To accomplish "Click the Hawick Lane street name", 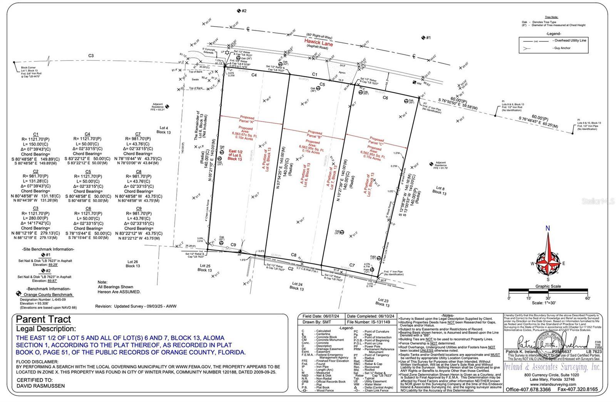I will [318, 41].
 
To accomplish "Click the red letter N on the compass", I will [547, 228].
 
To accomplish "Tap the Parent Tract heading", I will [44, 319].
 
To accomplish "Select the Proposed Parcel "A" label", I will [247, 120].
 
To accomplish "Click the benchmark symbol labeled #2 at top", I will [239, 11].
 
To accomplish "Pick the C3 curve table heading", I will [35, 208].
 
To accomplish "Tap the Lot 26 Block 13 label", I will [133, 264].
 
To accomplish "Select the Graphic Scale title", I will [548, 286].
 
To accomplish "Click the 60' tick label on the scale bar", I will [587, 298].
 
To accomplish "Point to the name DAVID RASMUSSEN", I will [40, 386].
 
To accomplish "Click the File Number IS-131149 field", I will [368, 322].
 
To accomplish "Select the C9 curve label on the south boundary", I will [233, 245].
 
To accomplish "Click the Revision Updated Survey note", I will [136, 306].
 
